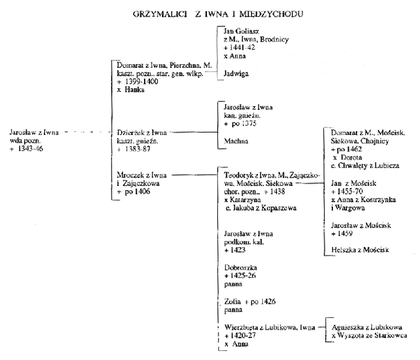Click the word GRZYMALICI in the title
(160, 14)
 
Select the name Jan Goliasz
(241, 31)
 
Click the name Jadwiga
(236, 74)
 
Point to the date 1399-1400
(142, 82)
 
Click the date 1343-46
(30, 149)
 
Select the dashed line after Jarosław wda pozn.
(88, 132)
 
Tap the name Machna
(236, 141)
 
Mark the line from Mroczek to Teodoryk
(194, 175)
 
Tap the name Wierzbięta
(239, 328)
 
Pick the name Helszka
(341, 250)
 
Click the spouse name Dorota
(351, 157)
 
